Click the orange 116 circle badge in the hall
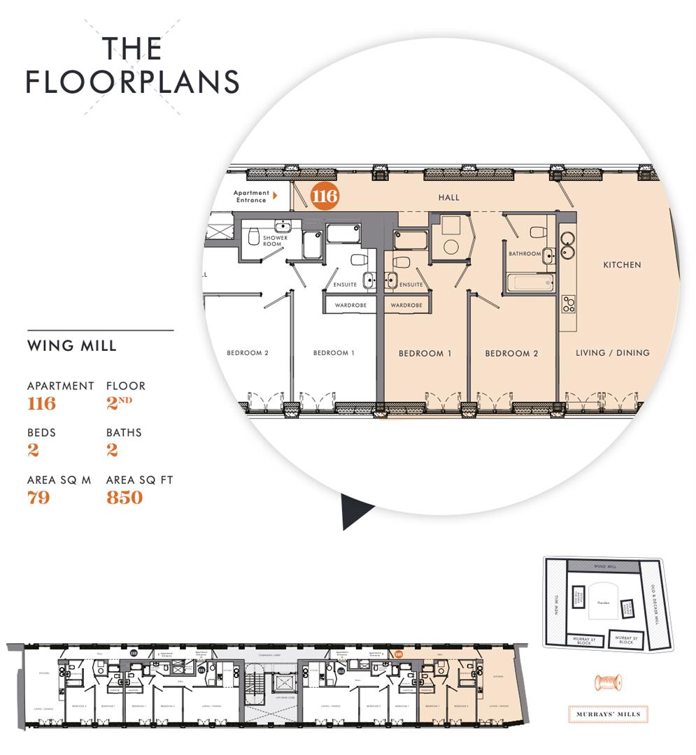click(x=325, y=196)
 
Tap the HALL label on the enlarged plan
click(x=449, y=198)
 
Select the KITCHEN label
click(x=622, y=265)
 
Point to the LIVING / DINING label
click(x=612, y=353)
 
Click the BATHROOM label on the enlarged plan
click(x=525, y=254)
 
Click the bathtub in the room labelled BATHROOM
click(x=530, y=283)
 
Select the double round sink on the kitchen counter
click(x=567, y=245)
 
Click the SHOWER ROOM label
click(x=275, y=241)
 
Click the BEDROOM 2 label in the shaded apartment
click(x=511, y=354)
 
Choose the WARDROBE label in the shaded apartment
click(x=406, y=305)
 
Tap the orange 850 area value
click(x=125, y=498)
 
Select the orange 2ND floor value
click(x=120, y=403)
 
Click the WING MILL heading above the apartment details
click(x=71, y=346)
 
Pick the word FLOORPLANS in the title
click(x=133, y=82)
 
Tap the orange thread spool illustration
click(x=607, y=683)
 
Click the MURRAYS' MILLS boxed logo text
click(x=607, y=714)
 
